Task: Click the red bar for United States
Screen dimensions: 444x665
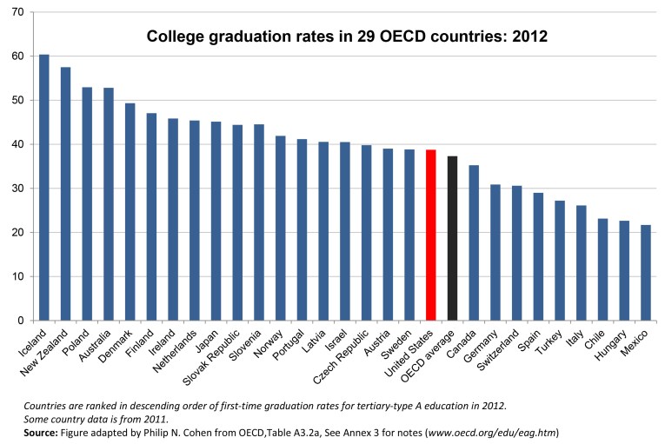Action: coord(431,235)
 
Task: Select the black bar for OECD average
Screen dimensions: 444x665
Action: coord(452,238)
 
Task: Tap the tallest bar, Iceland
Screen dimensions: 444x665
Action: coord(44,187)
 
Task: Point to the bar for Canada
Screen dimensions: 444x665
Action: coord(474,242)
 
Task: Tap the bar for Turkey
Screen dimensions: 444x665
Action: coord(559,260)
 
